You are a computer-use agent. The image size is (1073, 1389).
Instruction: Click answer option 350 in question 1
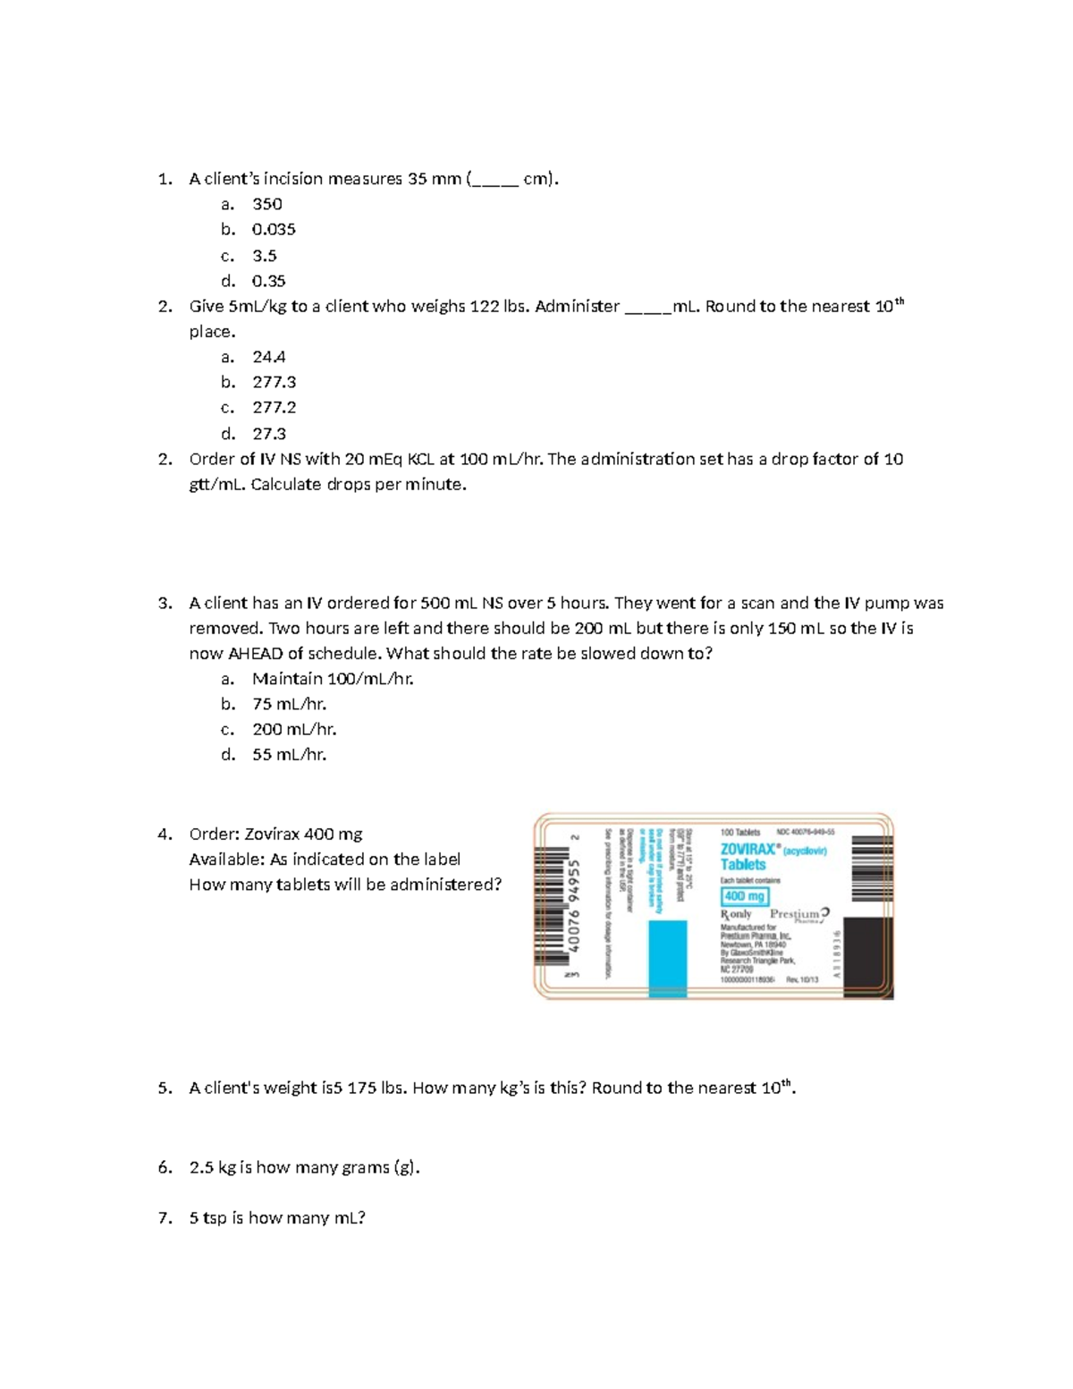point(266,204)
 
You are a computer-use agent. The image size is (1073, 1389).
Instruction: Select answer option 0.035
point(274,229)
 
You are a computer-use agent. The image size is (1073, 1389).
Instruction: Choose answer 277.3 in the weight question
point(274,382)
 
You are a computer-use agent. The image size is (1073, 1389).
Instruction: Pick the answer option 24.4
point(268,357)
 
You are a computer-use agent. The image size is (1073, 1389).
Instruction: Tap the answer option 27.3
point(268,434)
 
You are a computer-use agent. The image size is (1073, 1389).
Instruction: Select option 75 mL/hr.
point(289,704)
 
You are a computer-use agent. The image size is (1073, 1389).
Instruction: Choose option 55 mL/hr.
point(289,755)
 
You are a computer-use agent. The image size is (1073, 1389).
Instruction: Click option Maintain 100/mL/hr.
point(333,679)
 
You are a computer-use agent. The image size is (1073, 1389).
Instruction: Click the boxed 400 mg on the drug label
point(744,896)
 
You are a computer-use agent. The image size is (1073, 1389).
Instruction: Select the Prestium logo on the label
point(799,914)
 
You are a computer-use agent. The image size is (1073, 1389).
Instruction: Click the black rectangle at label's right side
point(868,957)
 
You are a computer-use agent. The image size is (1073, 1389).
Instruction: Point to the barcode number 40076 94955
point(576,905)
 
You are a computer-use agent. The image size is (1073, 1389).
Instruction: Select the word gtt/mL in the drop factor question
point(215,485)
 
